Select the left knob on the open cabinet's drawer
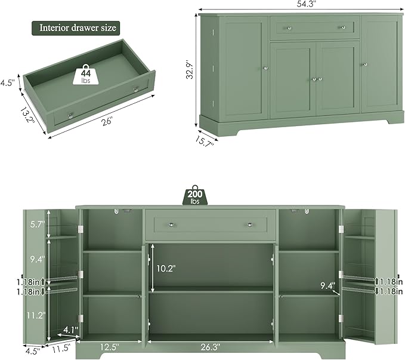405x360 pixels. click(172, 224)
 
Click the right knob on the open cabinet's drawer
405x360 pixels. click(250, 224)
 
